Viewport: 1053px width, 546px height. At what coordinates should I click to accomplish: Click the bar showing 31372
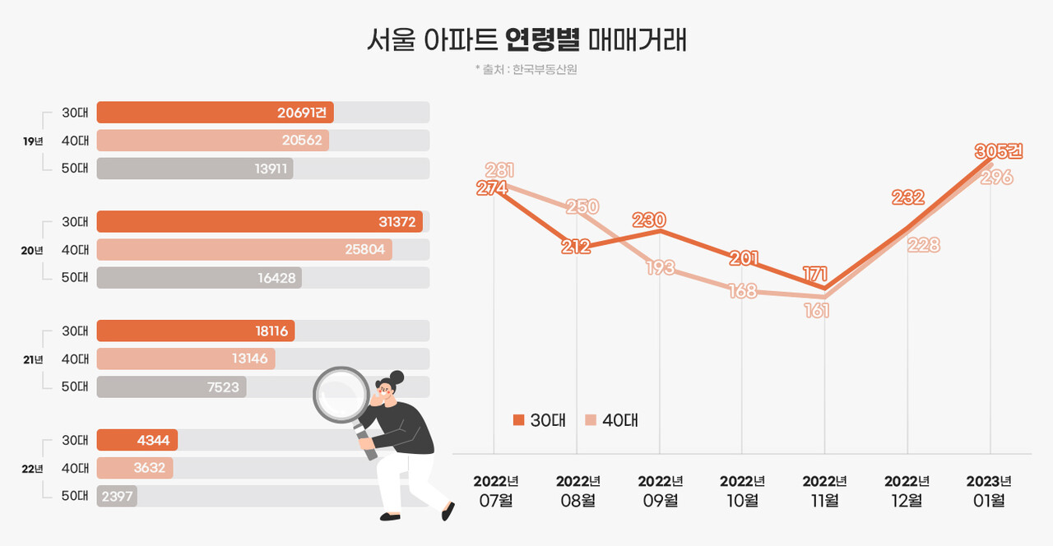[x=260, y=222]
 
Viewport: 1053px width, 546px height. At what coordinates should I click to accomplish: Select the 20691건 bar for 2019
[x=215, y=113]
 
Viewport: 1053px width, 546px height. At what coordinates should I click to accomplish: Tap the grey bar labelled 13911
[x=195, y=169]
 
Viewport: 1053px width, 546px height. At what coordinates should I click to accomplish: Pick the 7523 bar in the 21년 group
[x=171, y=386]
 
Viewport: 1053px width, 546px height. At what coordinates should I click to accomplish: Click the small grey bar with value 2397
[x=117, y=496]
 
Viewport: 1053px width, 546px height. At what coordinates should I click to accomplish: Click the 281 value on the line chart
[x=499, y=170]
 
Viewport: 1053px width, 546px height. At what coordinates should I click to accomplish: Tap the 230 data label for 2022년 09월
[x=649, y=220]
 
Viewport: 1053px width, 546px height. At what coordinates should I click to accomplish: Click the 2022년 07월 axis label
[x=495, y=491]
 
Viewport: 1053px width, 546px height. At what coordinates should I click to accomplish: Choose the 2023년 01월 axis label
[x=989, y=491]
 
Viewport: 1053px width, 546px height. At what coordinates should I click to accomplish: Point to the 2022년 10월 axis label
[x=742, y=491]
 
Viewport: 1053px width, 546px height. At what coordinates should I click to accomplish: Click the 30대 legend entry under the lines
[x=539, y=420]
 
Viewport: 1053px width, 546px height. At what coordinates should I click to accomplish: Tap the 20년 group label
[x=32, y=251]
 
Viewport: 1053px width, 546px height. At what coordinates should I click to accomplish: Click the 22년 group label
[x=32, y=469]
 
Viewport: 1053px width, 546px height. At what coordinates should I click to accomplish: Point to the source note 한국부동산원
[x=545, y=70]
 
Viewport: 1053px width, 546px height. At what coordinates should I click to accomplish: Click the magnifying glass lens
[x=341, y=394]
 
